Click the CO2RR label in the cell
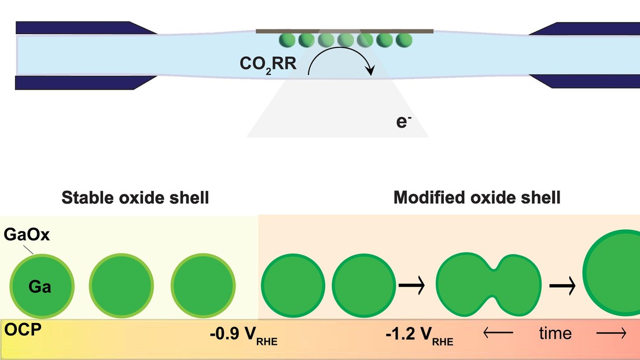[x=268, y=63]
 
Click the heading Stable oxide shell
[x=135, y=198]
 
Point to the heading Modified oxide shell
[x=477, y=198]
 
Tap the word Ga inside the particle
[x=41, y=286]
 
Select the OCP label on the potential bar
[x=19, y=330]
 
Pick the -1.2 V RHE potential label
[x=419, y=335]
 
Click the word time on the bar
[x=555, y=333]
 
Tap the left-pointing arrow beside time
[x=498, y=333]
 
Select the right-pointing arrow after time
[x=611, y=333]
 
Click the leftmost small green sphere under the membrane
[x=288, y=40]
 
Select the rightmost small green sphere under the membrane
[x=404, y=40]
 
